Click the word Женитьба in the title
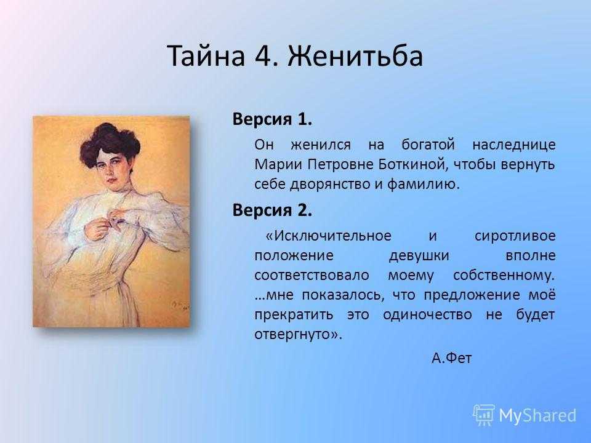tap(355, 56)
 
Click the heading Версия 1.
tap(272, 119)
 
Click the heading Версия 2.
tap(272, 210)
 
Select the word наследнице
tap(514, 145)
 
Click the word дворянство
tap(334, 185)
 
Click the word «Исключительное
tap(328, 236)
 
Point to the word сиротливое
tap(515, 236)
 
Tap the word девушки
tap(419, 256)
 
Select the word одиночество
tap(427, 314)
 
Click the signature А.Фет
tap(451, 357)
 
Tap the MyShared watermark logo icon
tap(484, 415)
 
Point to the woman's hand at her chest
tap(98, 227)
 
